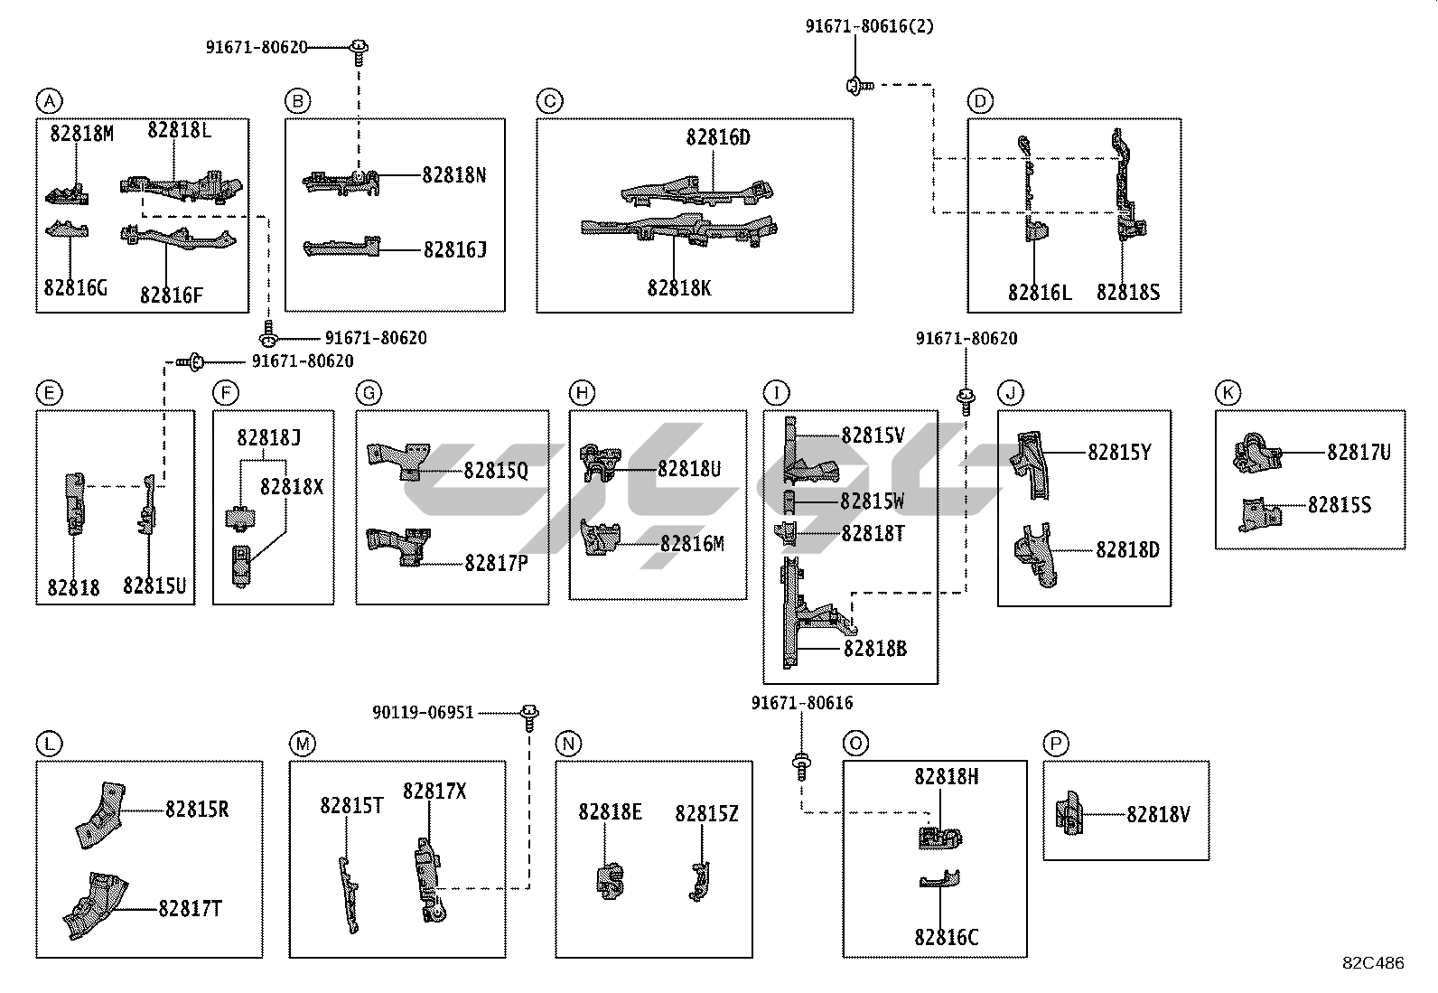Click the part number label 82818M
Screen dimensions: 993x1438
[81, 134]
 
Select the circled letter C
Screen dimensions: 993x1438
[549, 100]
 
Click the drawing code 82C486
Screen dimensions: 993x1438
[1372, 963]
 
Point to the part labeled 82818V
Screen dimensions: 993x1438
[1069, 813]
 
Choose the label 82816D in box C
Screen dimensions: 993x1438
[717, 138]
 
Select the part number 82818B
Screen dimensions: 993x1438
[874, 649]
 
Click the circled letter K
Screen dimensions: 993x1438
[1228, 393]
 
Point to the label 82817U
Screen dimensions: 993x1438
[1358, 453]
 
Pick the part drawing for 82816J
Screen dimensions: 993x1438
[341, 248]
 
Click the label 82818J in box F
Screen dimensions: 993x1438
[268, 438]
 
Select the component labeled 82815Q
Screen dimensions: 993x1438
[400, 458]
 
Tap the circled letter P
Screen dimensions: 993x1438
[1055, 744]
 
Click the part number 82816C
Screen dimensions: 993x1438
[945, 938]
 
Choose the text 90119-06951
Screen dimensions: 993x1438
[423, 713]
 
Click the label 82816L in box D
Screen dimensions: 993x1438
[1039, 293]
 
